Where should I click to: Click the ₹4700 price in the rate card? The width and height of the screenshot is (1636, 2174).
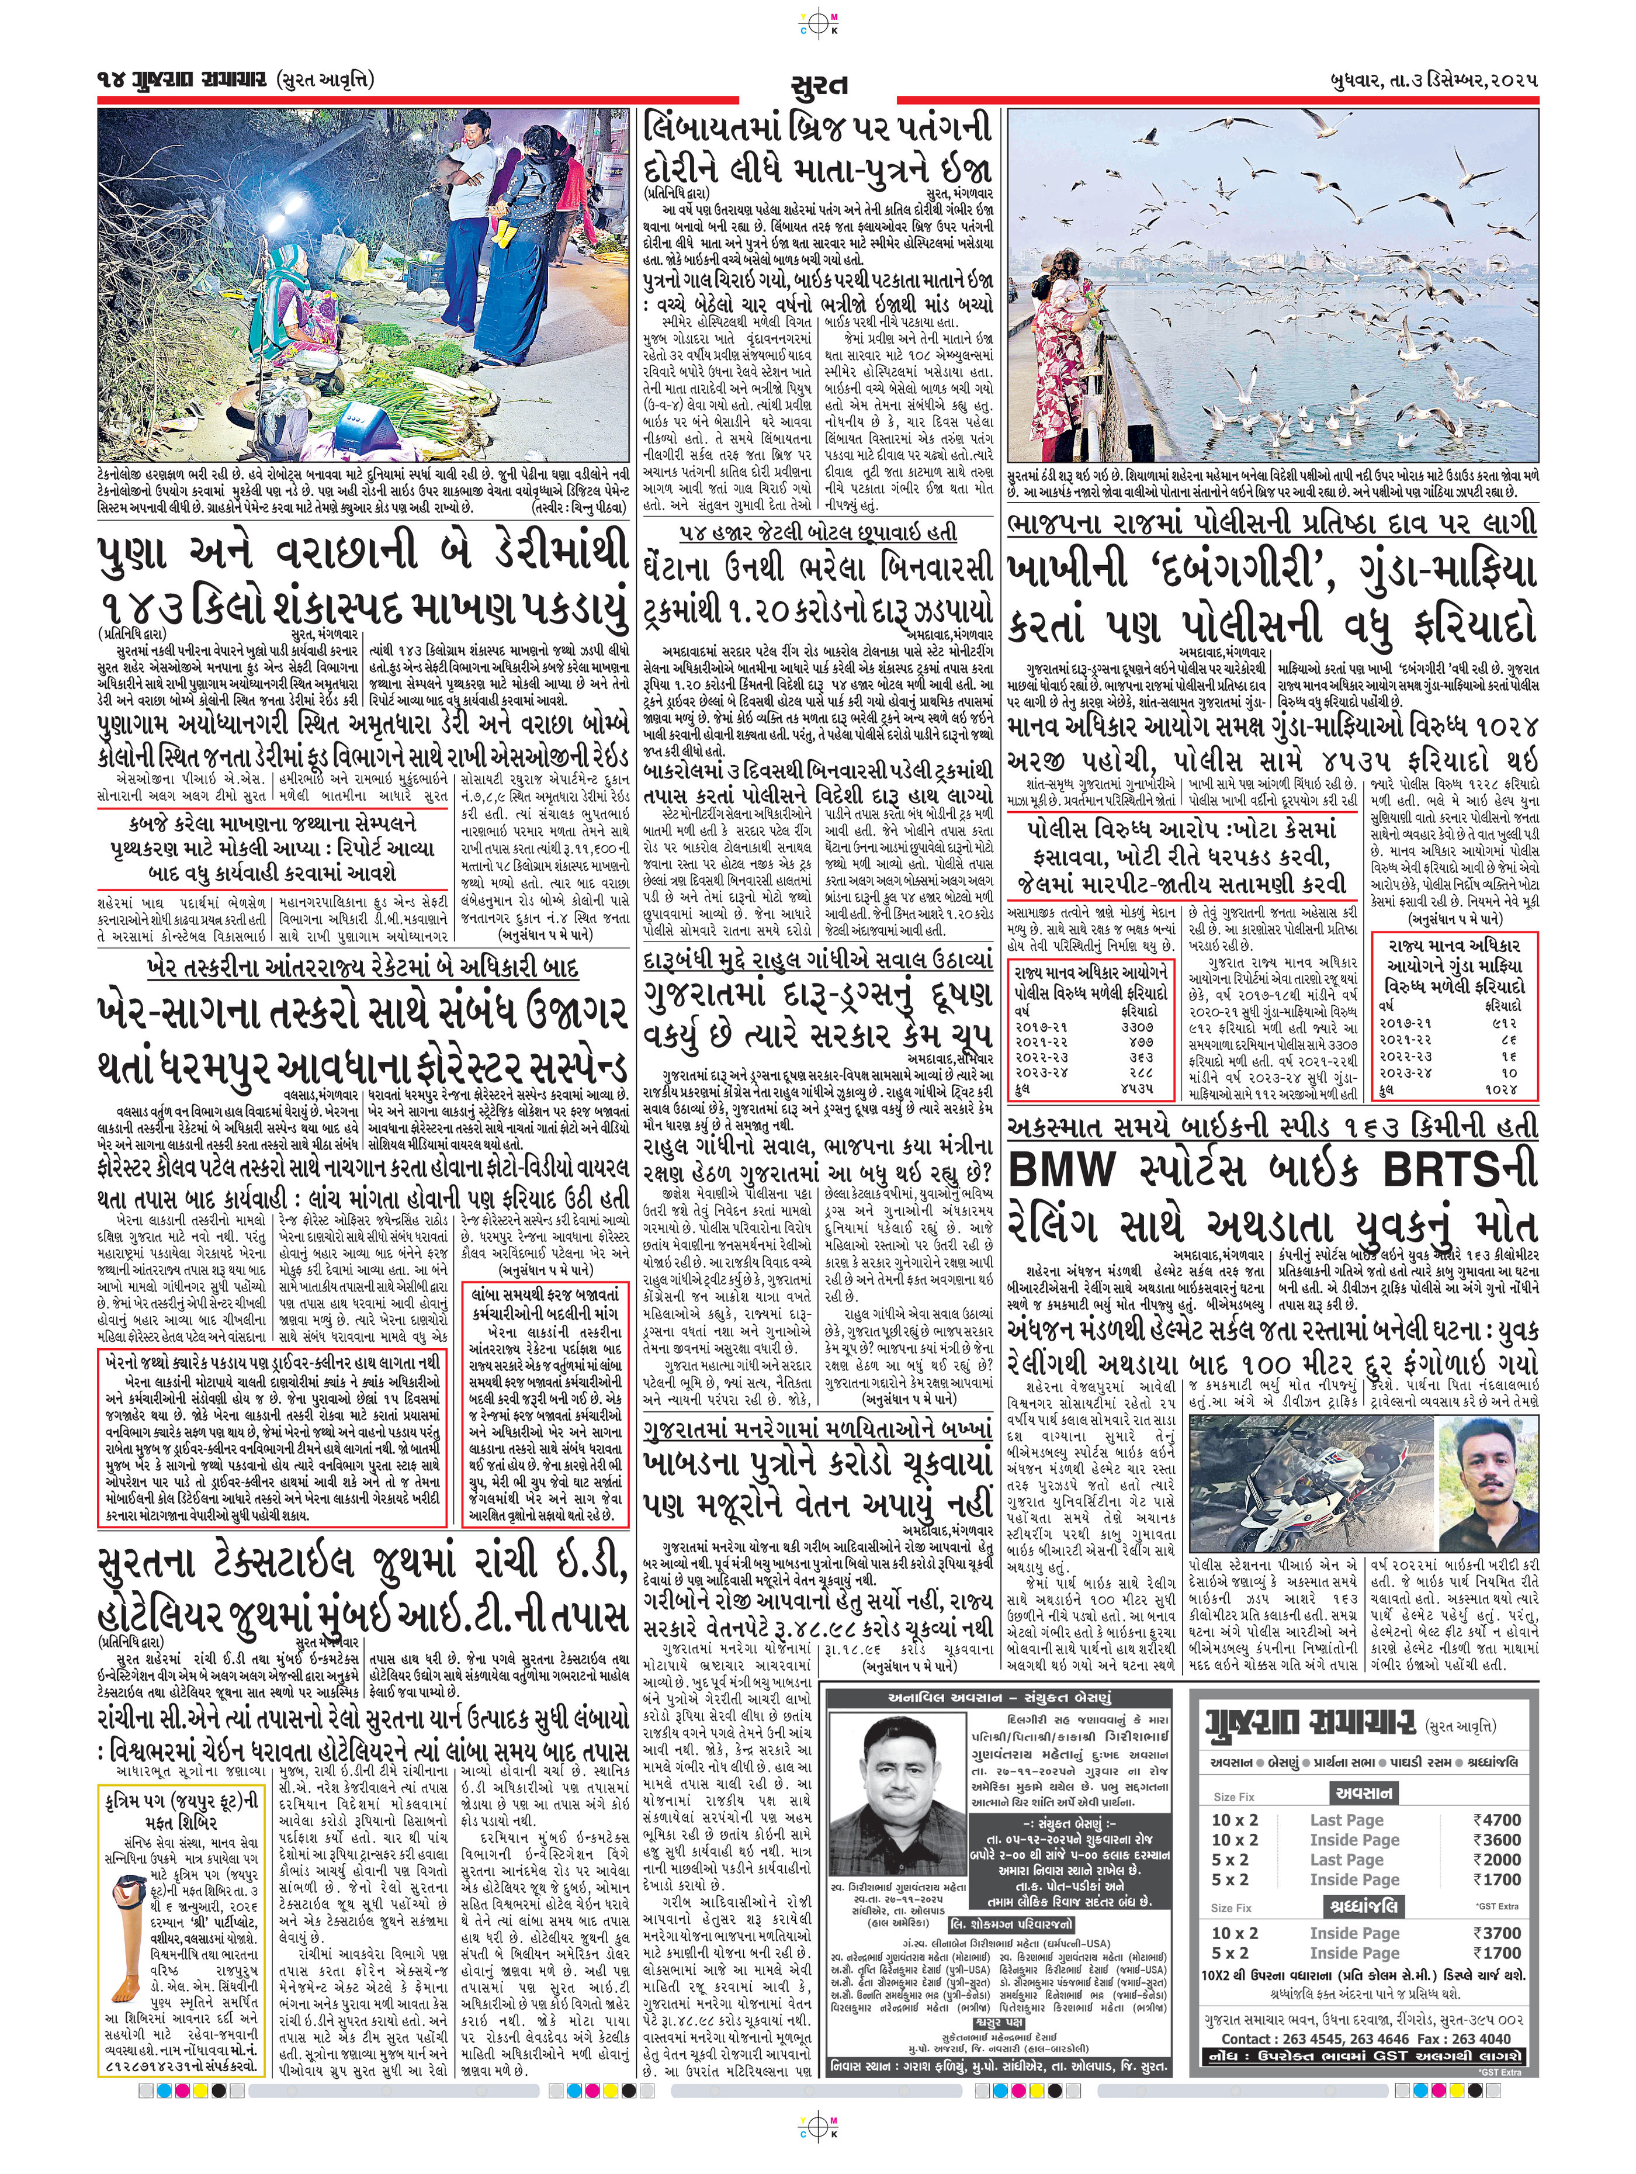click(1496, 1819)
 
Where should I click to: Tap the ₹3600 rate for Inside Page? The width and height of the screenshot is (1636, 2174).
click(1496, 1839)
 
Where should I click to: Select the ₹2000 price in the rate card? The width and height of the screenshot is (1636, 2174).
click(1496, 1858)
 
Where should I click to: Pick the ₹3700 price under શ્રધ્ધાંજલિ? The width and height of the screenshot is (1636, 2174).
click(1496, 1932)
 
